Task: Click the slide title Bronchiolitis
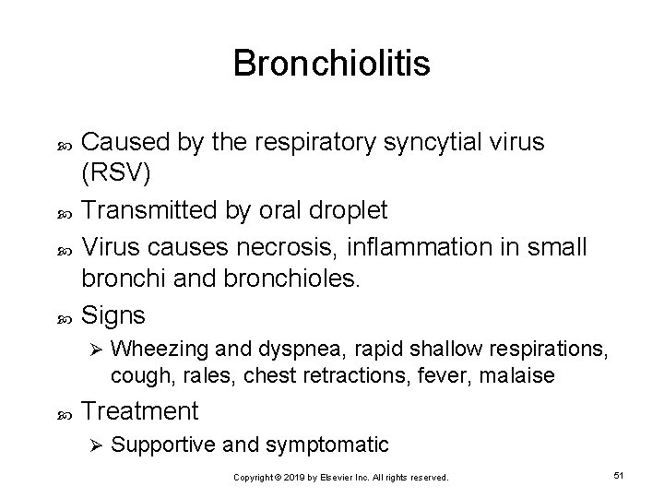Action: point(331,64)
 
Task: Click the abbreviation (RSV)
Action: point(116,174)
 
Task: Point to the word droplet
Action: point(347,209)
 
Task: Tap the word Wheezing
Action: point(151,350)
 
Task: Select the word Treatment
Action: point(137,409)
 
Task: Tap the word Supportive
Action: point(161,445)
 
